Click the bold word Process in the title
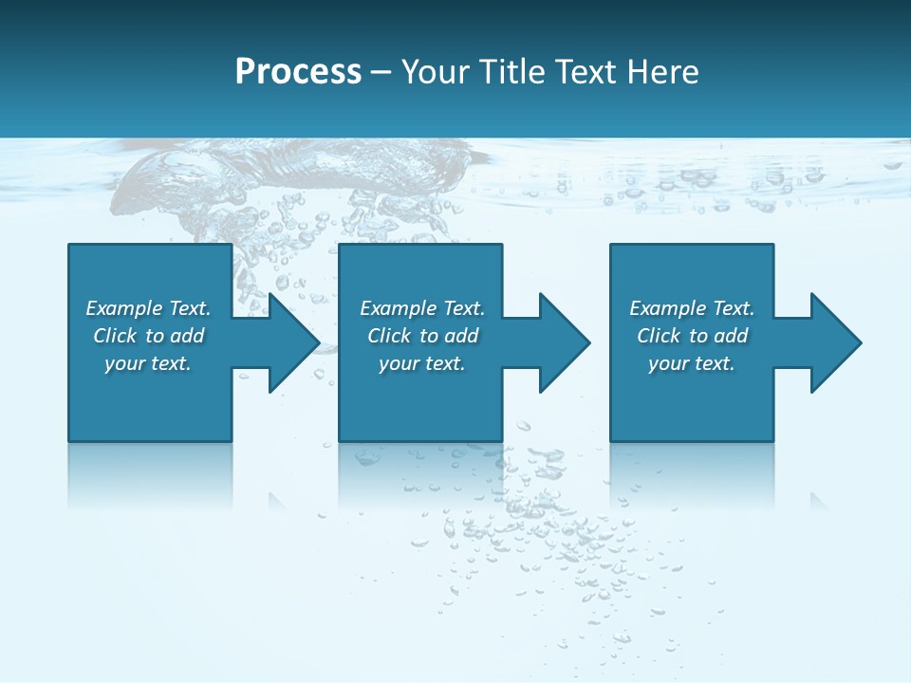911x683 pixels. click(298, 72)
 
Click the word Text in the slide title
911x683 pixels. click(586, 72)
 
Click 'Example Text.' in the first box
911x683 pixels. click(148, 308)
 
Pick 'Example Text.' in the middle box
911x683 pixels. click(422, 308)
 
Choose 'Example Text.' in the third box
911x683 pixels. click(692, 308)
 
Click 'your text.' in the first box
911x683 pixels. click(148, 363)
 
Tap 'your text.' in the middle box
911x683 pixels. click(422, 363)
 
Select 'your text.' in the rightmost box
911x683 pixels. click(692, 363)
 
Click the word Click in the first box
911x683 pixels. click(115, 336)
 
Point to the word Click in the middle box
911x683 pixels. click(389, 336)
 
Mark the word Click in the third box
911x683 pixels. click(659, 336)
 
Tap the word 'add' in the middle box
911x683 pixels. click(461, 336)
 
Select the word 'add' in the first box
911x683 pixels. click(187, 336)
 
